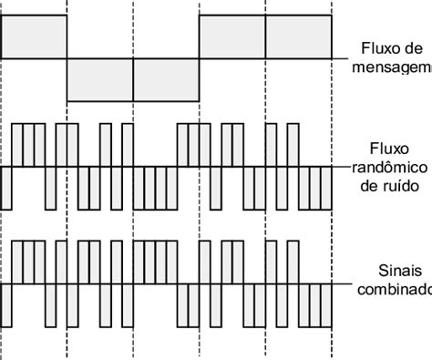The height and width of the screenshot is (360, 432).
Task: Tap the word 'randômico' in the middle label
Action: (x=390, y=166)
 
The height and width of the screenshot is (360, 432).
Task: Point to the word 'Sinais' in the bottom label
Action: (x=395, y=270)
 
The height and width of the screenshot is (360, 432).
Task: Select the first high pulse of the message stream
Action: (x=35, y=37)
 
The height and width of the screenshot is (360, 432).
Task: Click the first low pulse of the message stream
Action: (x=100, y=80)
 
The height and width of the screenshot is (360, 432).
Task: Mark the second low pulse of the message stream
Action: (x=166, y=80)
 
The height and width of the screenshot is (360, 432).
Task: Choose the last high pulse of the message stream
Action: (x=298, y=37)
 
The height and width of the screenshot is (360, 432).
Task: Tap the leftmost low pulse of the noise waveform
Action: (x=6, y=187)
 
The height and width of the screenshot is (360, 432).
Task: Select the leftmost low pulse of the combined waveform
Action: (x=6, y=306)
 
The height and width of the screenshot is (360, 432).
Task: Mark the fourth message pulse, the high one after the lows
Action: (x=232, y=37)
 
